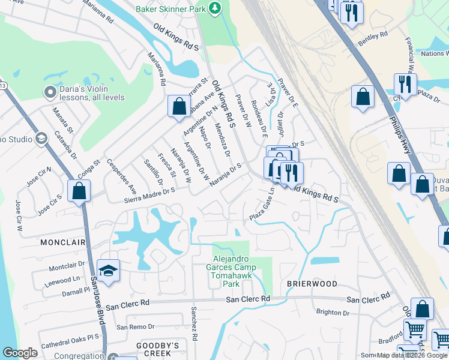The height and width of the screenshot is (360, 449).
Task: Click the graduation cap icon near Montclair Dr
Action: pyautogui.click(x=108, y=271)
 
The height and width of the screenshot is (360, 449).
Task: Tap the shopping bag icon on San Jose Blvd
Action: pyautogui.click(x=79, y=191)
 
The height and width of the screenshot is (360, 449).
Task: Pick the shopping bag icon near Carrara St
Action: pyautogui.click(x=179, y=107)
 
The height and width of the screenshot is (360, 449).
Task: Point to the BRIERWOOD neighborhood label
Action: pyautogui.click(x=312, y=283)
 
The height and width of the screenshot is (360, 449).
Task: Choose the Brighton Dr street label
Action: pyautogui.click(x=333, y=313)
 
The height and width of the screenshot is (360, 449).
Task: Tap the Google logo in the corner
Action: pyautogui.click(x=20, y=353)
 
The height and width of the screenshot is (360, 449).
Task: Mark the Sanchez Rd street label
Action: pyautogui.click(x=193, y=324)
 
